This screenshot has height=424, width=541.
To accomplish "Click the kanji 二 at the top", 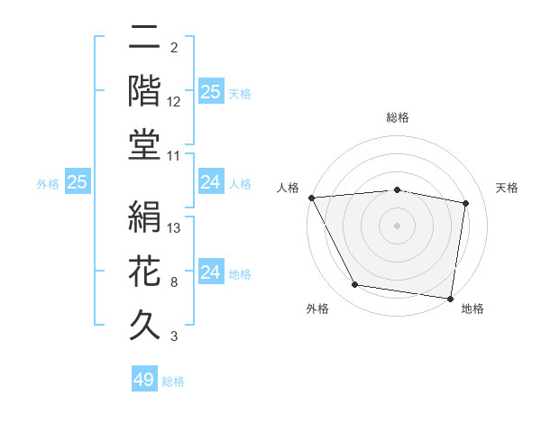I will (x=145, y=39).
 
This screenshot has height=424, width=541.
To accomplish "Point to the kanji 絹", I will (x=145, y=217).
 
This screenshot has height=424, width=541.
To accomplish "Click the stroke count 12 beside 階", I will (x=174, y=102).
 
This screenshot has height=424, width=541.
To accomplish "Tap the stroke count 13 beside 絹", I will (x=174, y=227).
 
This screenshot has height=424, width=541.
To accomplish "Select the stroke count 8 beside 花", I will (x=174, y=282).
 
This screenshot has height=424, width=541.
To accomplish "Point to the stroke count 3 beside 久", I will (x=174, y=336).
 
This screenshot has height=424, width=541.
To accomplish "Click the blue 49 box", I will (x=144, y=380).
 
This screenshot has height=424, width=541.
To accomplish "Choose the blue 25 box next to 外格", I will (x=78, y=182).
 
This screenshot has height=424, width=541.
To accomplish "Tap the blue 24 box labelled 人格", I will (x=210, y=182).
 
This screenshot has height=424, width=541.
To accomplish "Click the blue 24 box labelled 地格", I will (x=210, y=272).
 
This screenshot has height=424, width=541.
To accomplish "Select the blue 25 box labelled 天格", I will (x=210, y=92).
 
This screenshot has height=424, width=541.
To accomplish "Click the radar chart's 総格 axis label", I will (x=398, y=117).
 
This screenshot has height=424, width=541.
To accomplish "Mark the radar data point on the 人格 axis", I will (x=311, y=198).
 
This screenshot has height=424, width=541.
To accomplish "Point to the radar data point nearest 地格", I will (x=451, y=298).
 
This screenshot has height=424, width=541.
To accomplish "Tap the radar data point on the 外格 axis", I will (x=355, y=285).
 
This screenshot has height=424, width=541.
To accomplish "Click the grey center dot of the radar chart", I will (x=398, y=226).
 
